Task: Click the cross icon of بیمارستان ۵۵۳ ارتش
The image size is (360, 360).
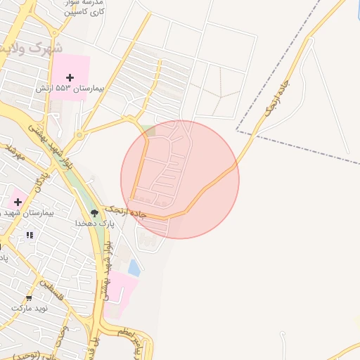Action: [70, 77]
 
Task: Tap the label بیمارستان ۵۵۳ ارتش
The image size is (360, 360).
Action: [70, 90]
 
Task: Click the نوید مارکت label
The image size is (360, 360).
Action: [29, 308]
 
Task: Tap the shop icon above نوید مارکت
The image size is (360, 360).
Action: [29, 297]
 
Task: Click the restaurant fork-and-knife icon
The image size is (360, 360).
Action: [29, 236]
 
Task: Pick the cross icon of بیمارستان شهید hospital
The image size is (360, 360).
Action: [17, 202]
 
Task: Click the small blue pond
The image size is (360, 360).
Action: [134, 267]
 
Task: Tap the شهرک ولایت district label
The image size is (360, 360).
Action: [32, 49]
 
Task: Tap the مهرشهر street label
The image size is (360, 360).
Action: [14, 151]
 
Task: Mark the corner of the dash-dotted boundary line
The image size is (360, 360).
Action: [237, 131]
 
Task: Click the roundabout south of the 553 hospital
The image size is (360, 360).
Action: [79, 134]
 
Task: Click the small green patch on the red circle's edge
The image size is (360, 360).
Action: [148, 129]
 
